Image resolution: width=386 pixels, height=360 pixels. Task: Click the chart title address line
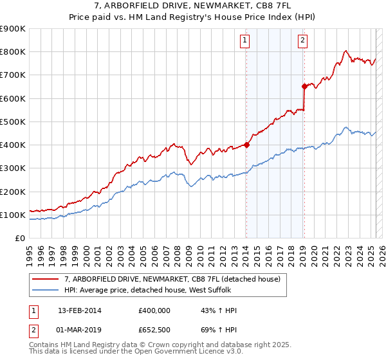point(193,6)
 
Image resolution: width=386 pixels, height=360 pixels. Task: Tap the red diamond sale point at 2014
point(246,145)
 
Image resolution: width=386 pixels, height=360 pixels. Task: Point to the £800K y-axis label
point(13,52)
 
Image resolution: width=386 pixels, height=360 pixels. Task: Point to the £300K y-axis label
point(13,168)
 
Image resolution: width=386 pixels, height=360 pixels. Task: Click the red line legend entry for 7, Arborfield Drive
point(172,280)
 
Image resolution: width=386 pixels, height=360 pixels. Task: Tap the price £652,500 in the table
point(155,330)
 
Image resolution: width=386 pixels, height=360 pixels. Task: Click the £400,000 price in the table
point(155,310)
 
